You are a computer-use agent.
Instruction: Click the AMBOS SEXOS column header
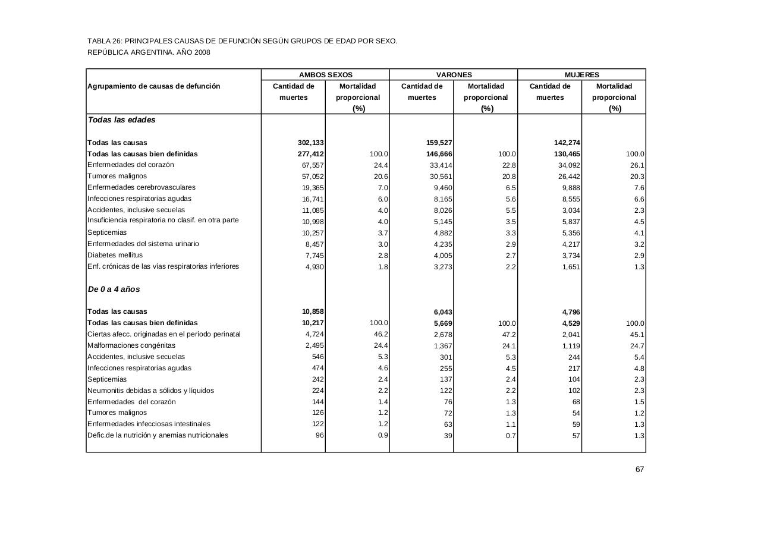[x=325, y=75]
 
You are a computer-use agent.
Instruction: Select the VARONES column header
[x=454, y=75]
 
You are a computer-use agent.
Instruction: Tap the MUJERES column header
[x=581, y=75]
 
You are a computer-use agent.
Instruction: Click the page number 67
[x=640, y=469]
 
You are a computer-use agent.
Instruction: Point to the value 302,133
[x=310, y=143]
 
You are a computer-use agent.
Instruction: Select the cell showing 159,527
[x=439, y=143]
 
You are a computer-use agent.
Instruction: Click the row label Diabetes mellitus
[x=115, y=255]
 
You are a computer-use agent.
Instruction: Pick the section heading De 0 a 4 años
[x=114, y=289]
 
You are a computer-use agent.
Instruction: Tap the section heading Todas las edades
[x=121, y=119]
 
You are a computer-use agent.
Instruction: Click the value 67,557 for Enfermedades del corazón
[x=313, y=165]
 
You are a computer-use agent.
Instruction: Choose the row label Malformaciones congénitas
[x=131, y=345]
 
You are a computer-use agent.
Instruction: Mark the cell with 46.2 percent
[x=380, y=335]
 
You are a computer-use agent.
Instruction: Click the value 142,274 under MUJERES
[x=567, y=143]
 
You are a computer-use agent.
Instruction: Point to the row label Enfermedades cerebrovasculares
[x=141, y=187]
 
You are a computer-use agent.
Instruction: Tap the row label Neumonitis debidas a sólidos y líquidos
[x=150, y=391]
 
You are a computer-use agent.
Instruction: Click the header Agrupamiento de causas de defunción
[x=153, y=86]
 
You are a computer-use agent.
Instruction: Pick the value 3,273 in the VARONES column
[x=442, y=267]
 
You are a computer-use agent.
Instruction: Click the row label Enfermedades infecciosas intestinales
[x=149, y=424]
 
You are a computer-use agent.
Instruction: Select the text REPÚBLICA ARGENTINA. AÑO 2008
[x=149, y=52]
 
